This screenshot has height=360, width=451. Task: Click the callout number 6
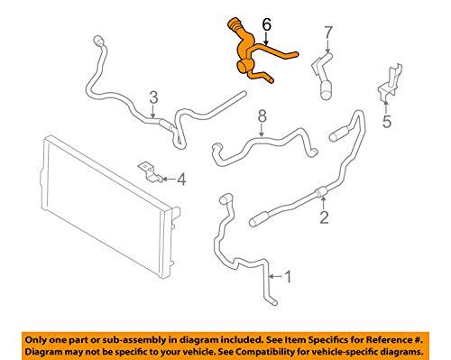tap(267, 24)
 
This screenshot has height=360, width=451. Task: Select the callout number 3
tap(153, 98)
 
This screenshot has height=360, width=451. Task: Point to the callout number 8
tap(262, 115)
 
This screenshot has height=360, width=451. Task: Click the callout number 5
tap(387, 122)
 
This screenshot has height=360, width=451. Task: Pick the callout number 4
tap(181, 180)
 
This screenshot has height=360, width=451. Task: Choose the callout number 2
tap(324, 217)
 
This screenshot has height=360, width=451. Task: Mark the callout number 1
tap(288, 277)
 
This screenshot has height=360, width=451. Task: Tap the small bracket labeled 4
tap(150, 172)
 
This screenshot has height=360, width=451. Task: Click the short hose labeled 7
tap(322, 75)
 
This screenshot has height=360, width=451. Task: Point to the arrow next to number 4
tap(169, 180)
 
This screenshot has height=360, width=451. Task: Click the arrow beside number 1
tap(276, 276)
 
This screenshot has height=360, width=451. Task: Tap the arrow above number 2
tap(323, 202)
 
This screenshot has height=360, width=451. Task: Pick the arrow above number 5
tap(386, 107)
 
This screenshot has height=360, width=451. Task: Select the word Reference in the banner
tap(389, 340)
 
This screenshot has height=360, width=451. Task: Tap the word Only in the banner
tap(34, 340)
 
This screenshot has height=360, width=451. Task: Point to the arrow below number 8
tap(262, 130)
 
